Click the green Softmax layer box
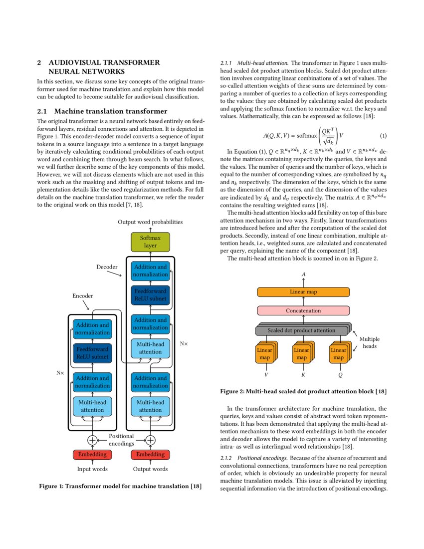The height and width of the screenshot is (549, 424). (150, 242)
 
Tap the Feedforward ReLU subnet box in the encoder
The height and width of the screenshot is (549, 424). (92, 353)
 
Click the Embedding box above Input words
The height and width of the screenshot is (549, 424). (92, 455)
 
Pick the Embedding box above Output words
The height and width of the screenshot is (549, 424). (150, 455)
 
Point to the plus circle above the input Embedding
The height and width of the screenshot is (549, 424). (92, 440)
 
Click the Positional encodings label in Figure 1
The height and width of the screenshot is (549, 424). (121, 440)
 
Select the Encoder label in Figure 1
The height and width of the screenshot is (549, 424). (83, 296)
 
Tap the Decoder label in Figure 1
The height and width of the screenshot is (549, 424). (107, 267)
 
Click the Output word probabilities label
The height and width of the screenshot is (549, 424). (150, 222)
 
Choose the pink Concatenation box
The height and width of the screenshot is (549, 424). (303, 310)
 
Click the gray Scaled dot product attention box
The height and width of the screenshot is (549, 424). (301, 330)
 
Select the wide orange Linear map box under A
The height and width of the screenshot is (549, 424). (303, 292)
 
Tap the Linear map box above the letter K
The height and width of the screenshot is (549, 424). (301, 354)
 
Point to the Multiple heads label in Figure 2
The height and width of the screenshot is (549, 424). (370, 342)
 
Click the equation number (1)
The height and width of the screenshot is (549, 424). (383, 136)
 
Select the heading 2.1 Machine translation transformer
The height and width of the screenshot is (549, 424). (102, 111)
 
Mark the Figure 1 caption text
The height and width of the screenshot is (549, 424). (120, 487)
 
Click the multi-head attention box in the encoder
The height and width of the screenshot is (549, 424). (92, 406)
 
